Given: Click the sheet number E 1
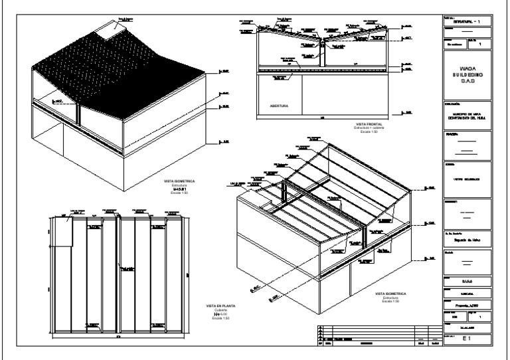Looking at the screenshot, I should tap(467, 338).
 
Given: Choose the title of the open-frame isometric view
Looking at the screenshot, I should tap(390, 293).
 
